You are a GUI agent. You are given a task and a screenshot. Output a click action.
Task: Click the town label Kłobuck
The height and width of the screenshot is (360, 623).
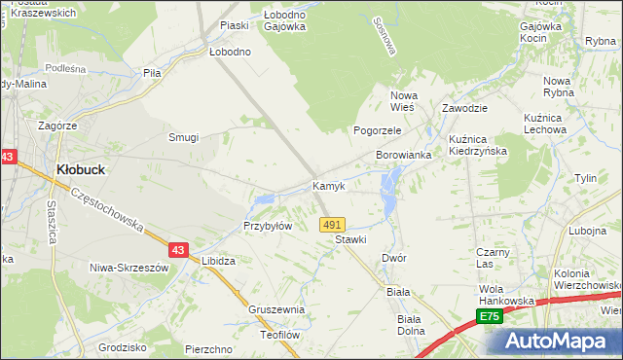[x=81, y=168]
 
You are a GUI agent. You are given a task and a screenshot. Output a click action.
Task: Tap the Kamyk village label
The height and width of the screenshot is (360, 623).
[x=328, y=186]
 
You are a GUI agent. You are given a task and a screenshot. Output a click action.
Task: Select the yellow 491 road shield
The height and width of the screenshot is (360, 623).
[x=332, y=224]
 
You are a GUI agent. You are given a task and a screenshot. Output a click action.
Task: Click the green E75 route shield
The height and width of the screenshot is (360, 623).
[x=489, y=317]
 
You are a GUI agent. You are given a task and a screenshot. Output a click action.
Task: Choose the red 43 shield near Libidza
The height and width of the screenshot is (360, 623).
[x=178, y=249]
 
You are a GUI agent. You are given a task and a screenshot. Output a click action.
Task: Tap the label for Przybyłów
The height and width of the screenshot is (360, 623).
[x=268, y=226]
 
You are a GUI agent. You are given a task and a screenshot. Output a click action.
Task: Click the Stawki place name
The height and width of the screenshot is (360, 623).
[x=349, y=239]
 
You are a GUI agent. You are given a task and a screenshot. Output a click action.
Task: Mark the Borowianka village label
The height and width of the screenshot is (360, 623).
[x=404, y=156]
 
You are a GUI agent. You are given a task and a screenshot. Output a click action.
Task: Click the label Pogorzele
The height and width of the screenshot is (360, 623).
[x=378, y=129]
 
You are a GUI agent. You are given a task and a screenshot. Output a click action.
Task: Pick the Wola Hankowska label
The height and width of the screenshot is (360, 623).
[x=507, y=295]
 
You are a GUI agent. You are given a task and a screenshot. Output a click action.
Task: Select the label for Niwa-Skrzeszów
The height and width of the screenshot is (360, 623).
[x=129, y=268]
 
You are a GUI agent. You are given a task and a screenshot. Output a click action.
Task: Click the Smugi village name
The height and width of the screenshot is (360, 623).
[x=183, y=138]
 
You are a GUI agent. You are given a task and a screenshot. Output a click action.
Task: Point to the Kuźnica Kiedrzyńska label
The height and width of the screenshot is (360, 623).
[x=480, y=146]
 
